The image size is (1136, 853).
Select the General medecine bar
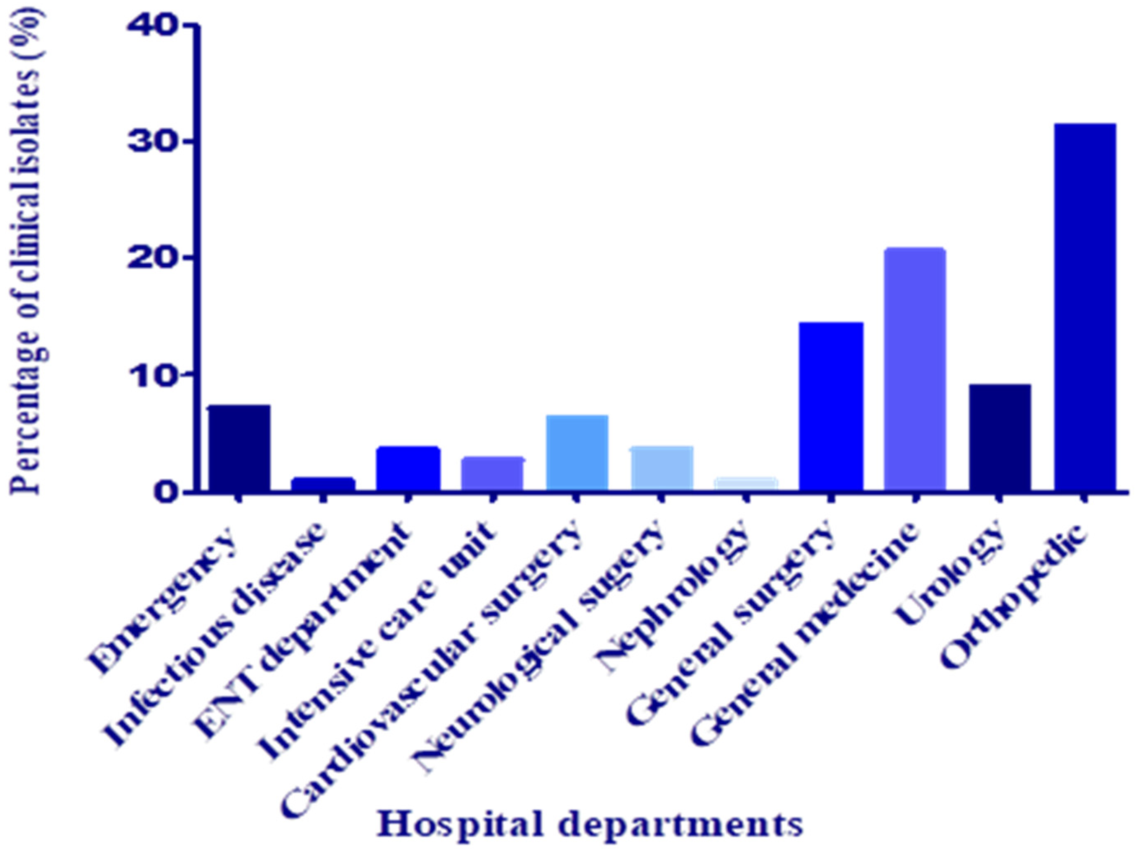point(915,369)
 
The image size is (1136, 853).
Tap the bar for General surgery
point(831,406)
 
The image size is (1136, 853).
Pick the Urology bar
point(999,437)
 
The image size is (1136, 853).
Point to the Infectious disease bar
point(323,484)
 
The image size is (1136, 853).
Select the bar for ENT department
point(408,468)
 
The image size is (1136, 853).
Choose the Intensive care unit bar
point(492,473)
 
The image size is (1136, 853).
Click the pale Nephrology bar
point(746,484)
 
